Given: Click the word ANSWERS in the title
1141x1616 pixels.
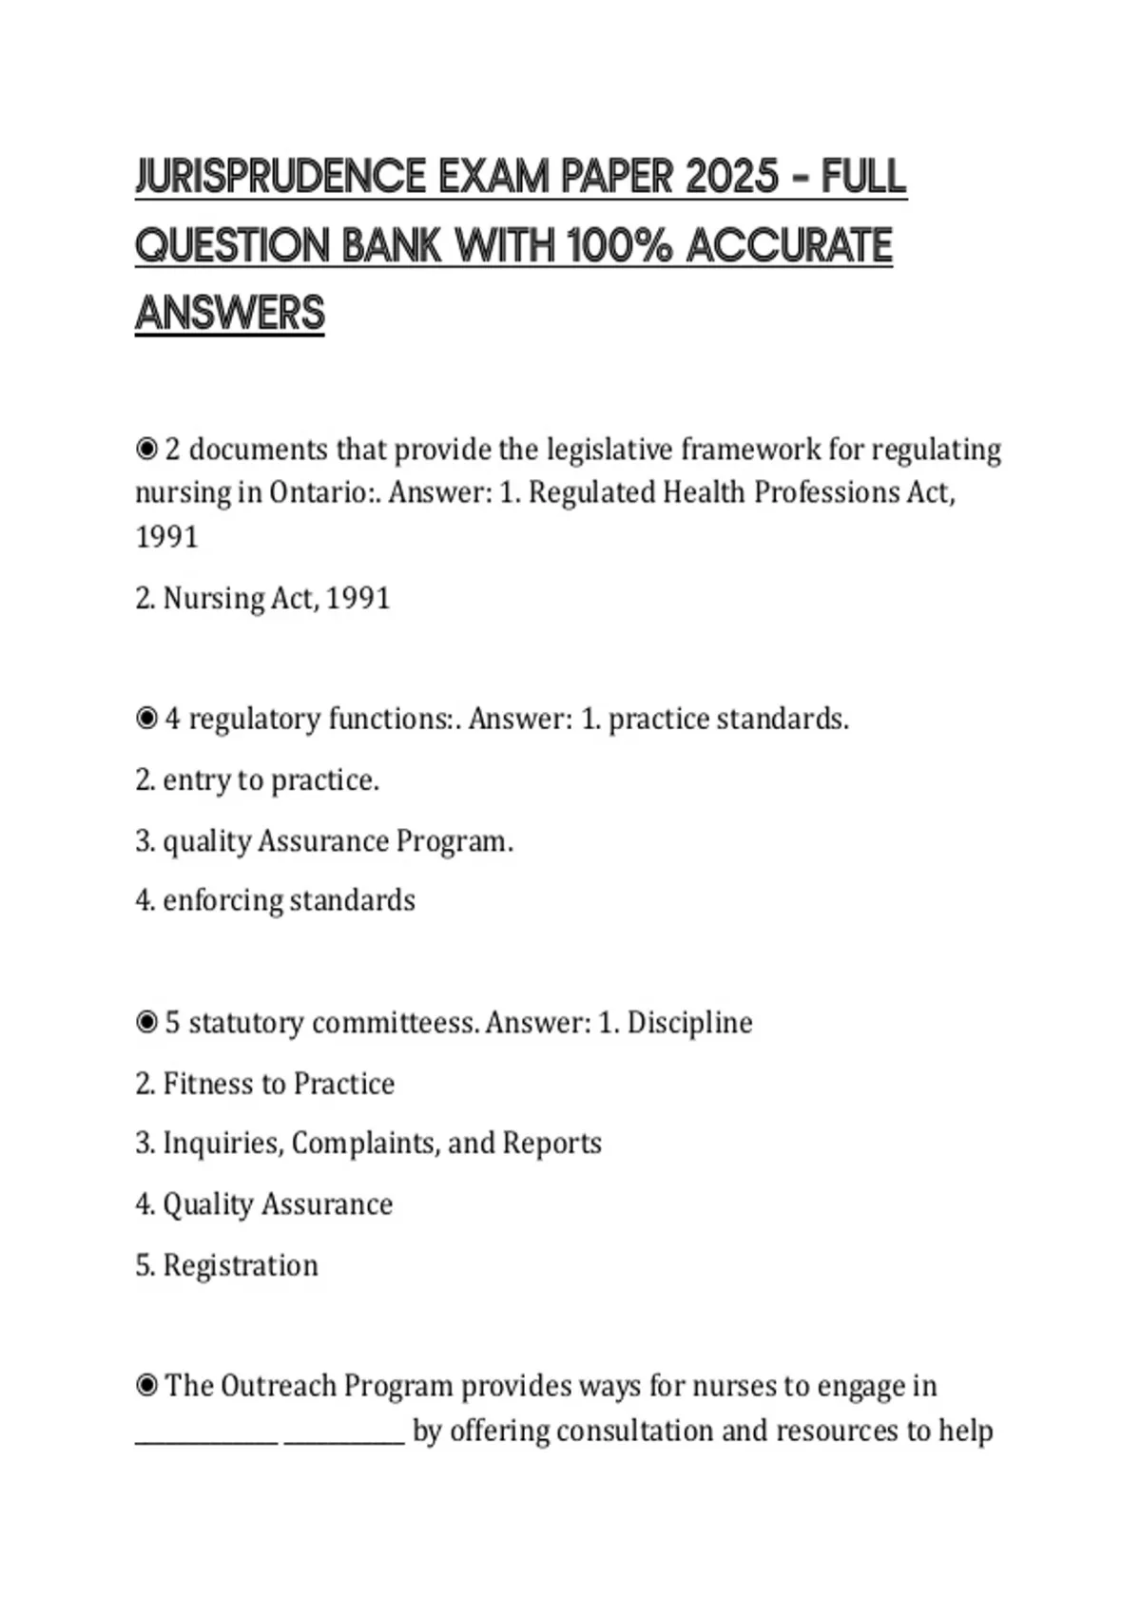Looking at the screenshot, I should point(230,314).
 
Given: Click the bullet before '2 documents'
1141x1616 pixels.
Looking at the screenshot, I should point(146,449).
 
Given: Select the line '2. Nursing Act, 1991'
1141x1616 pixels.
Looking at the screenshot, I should point(262,598).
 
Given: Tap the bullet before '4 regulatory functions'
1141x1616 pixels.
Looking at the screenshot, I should point(146,719).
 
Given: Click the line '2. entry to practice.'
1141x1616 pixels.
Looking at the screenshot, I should point(257,780).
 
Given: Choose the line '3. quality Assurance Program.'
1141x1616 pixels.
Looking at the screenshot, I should point(323,841).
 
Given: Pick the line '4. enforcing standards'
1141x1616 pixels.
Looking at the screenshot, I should point(275,900).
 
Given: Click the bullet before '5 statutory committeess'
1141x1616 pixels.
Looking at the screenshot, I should point(146,1023).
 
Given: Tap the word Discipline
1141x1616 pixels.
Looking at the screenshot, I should point(689,1023).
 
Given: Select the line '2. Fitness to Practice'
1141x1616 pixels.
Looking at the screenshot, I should point(264,1084).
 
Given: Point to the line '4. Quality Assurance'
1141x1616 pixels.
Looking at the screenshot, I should point(263,1204).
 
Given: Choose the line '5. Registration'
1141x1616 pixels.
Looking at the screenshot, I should point(226,1265).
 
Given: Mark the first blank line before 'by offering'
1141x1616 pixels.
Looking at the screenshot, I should point(206,1440).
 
